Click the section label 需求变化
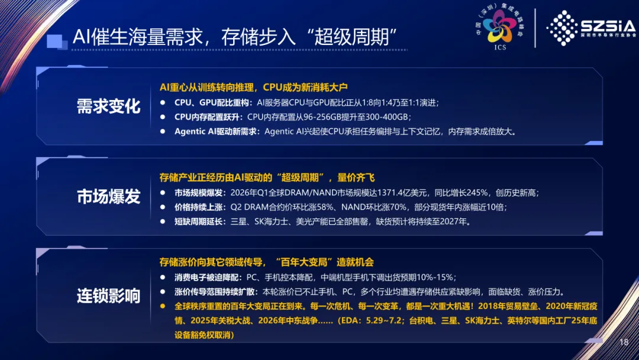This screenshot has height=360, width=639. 108,107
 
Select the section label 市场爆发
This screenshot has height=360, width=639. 108,197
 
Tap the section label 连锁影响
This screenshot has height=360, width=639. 108,296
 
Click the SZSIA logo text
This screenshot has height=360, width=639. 608,27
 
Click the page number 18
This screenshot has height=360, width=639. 624,342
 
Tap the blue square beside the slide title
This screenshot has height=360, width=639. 57,41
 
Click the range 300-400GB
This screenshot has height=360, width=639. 386,117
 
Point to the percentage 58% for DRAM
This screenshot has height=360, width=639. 325,207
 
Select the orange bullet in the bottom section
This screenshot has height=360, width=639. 163,306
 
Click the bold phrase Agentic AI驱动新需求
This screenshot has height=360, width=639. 215,131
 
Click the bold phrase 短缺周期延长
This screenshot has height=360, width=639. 198,221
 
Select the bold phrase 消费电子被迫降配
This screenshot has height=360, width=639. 206,277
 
